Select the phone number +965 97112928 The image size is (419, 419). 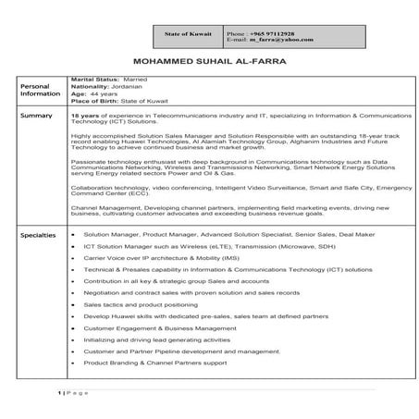262,31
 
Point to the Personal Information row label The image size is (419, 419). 40,89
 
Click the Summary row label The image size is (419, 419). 37,116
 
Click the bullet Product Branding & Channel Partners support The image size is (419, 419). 154,363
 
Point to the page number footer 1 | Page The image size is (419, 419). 75,392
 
